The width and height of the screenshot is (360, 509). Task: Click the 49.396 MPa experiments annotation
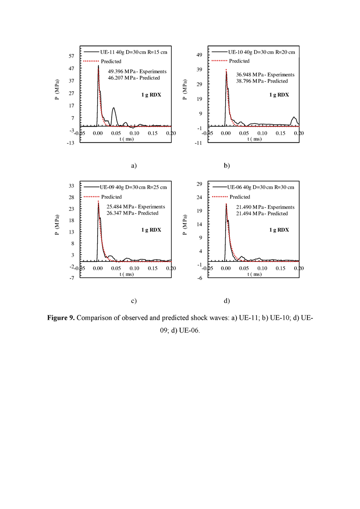137,71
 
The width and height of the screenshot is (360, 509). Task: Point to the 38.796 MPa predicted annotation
262,81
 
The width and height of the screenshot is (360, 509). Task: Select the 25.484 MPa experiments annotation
136,207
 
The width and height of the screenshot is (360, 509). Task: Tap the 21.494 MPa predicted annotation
262,214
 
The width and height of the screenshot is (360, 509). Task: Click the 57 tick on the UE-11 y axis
71,56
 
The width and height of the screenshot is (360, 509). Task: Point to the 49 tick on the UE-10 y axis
199,55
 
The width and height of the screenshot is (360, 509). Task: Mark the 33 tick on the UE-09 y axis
71,186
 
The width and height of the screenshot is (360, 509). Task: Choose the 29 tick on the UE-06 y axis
199,184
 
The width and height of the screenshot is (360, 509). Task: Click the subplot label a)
134,166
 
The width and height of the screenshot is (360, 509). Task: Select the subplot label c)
134,301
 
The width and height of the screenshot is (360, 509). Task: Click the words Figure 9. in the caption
61,318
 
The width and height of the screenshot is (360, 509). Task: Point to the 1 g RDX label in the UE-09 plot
151,230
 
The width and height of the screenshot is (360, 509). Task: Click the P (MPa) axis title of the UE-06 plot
185,225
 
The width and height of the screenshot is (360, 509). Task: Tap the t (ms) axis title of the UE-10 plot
254,139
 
